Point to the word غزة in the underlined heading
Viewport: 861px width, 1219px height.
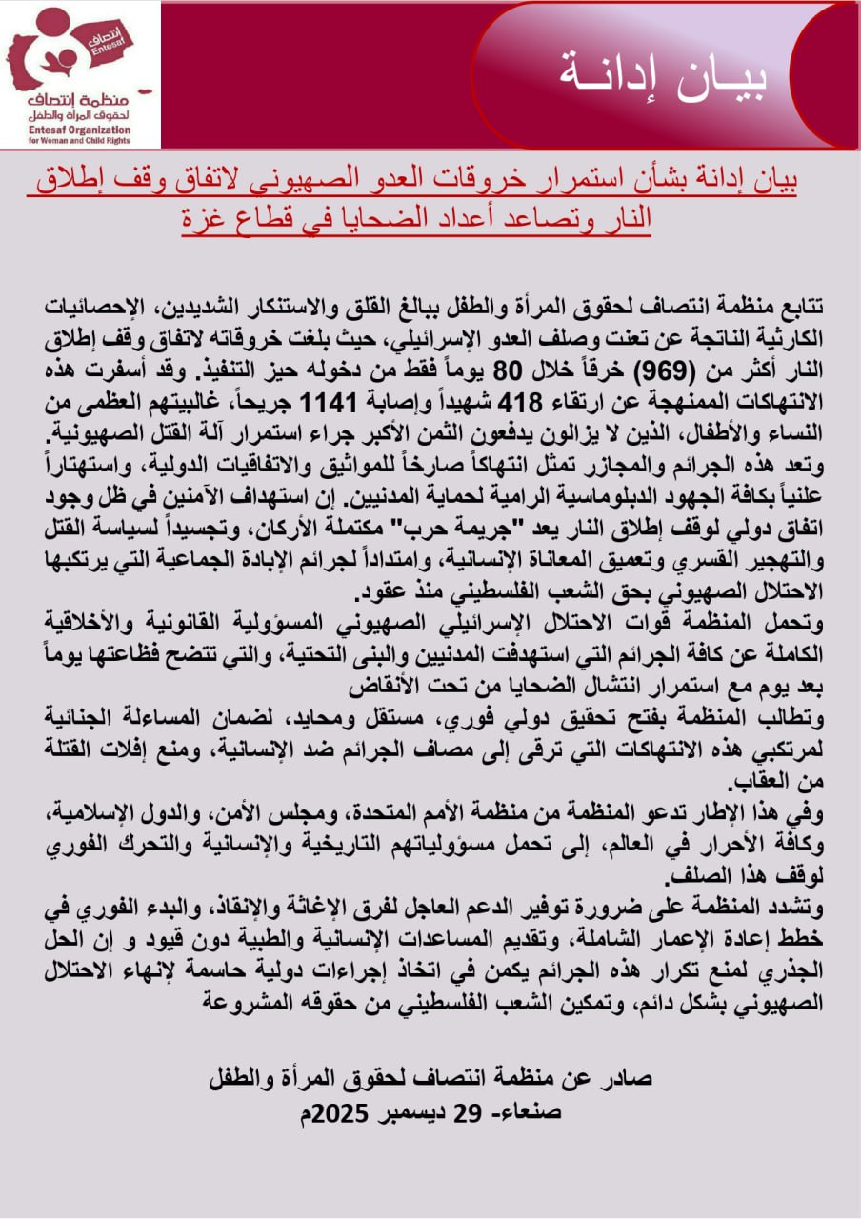pyautogui.click(x=207, y=217)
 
